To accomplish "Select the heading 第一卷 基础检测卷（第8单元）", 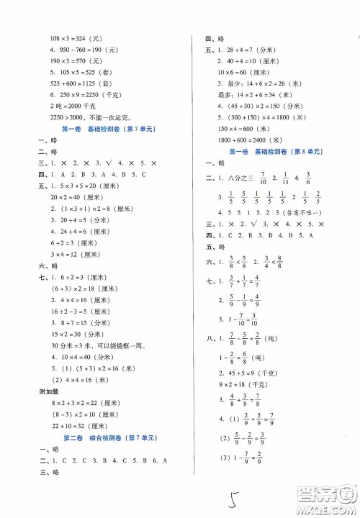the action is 274,153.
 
